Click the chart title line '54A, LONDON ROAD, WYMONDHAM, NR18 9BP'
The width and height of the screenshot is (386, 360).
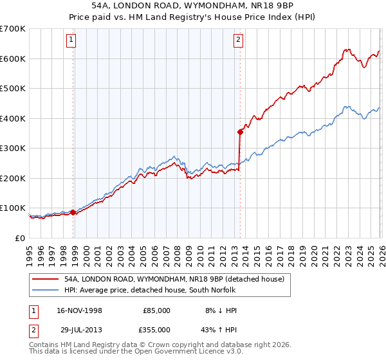192,6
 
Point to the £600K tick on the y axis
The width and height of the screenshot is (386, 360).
13,59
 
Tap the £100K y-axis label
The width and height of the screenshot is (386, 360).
13,208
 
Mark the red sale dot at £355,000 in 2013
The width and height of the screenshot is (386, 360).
240,132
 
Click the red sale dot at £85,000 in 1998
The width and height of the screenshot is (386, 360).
73,212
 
